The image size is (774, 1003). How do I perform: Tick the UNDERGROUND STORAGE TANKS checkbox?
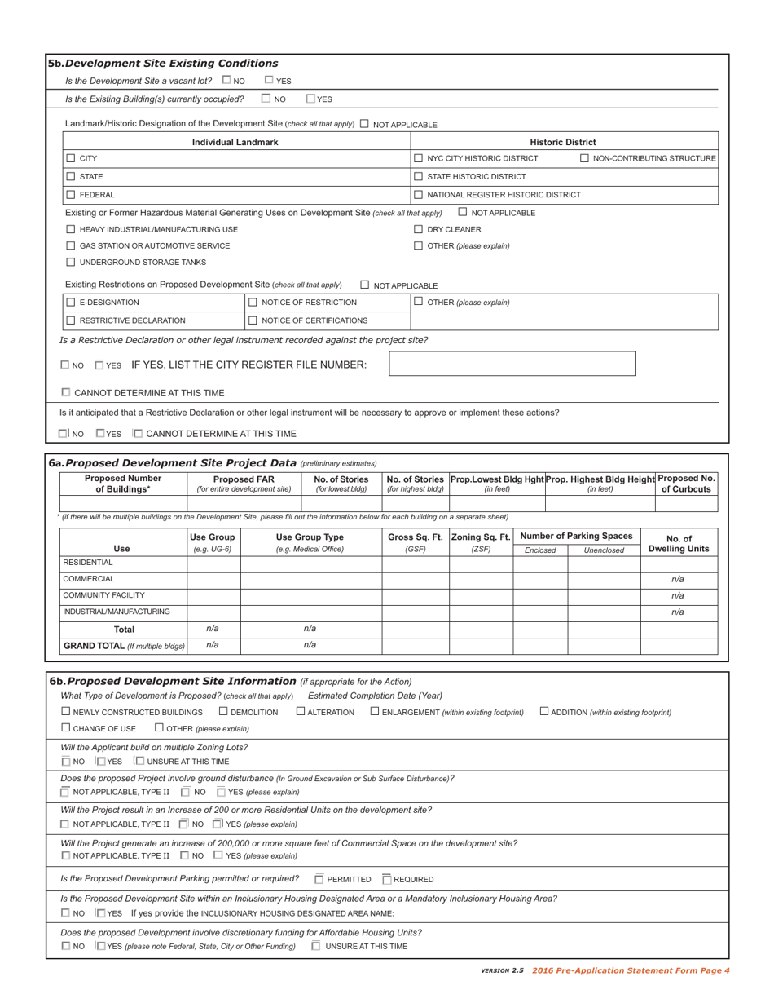click(71, 262)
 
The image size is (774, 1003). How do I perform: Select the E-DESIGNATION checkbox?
click(71, 303)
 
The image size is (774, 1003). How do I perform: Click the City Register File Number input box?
click(512, 364)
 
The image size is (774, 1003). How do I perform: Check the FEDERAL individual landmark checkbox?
click(71, 194)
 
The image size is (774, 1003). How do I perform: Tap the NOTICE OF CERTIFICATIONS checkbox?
click(253, 320)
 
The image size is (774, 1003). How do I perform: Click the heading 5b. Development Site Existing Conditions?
click(163, 63)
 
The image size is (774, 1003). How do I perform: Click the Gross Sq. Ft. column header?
click(415, 536)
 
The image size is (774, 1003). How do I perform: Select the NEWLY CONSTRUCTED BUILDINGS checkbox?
click(66, 712)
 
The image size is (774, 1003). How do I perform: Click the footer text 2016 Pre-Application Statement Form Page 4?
click(631, 970)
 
